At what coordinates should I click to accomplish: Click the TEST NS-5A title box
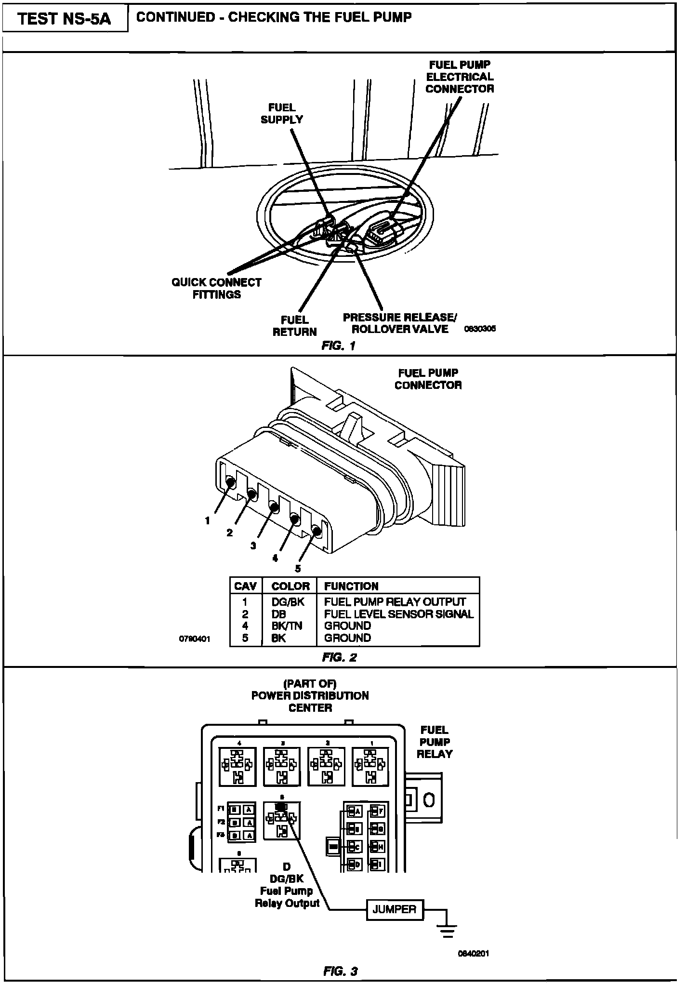click(x=65, y=19)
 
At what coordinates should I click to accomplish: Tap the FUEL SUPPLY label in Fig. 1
click(x=282, y=114)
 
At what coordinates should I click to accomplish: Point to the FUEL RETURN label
click(x=294, y=326)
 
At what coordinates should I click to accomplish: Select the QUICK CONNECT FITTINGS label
click(x=216, y=288)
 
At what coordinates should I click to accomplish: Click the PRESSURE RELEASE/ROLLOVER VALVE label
click(x=399, y=323)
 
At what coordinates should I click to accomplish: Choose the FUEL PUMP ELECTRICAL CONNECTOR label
click(x=460, y=77)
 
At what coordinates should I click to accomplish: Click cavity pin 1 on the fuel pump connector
click(x=230, y=481)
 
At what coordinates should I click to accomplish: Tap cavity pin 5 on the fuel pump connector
click(x=317, y=531)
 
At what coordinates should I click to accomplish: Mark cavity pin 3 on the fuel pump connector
click(x=273, y=507)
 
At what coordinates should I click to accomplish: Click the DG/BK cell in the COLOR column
click(x=288, y=602)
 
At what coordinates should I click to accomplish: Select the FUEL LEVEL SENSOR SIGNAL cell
click(x=398, y=614)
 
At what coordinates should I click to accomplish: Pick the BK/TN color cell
click(x=287, y=626)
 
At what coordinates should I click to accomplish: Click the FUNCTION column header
click(x=351, y=586)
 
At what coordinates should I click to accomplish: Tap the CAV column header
click(x=245, y=586)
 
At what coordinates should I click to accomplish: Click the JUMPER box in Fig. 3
click(x=395, y=909)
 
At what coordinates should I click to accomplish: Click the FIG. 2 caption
click(x=340, y=658)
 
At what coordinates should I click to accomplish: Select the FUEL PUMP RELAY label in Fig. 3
click(x=434, y=742)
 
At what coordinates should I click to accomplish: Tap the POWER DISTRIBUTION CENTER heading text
click(x=310, y=696)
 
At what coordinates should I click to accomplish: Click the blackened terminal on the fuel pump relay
click(x=281, y=806)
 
